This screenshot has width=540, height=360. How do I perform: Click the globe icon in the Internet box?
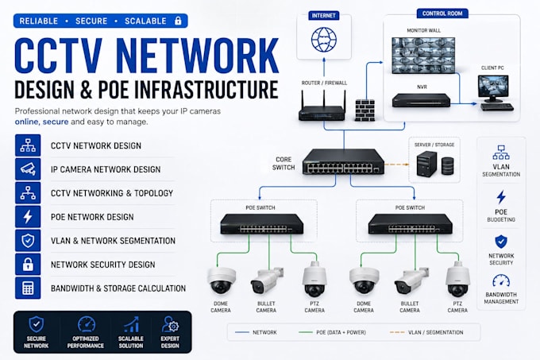pyautogui.click(x=324, y=40)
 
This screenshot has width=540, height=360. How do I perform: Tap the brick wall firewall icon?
pyautogui.click(x=364, y=110)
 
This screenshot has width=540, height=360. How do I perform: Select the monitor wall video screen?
pyautogui.click(x=423, y=55)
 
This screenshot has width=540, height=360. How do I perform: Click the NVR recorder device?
pyautogui.click(x=421, y=100)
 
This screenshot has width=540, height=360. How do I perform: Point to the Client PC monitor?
pyautogui.click(x=493, y=88)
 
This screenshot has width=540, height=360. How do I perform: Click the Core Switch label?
pyautogui.click(x=283, y=164)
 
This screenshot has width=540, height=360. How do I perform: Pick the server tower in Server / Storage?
pyautogui.click(x=426, y=164)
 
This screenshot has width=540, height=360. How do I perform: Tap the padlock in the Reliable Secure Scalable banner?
pyautogui.click(x=178, y=21)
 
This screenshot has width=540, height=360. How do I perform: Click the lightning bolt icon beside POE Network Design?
pyautogui.click(x=28, y=217)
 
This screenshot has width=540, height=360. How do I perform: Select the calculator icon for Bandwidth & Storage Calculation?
pyautogui.click(x=28, y=288)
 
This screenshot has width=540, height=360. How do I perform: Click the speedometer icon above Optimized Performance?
pyautogui.click(x=86, y=324)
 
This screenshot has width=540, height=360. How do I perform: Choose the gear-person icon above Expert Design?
pyautogui.click(x=170, y=324)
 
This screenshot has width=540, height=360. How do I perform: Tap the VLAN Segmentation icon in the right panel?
pyautogui.click(x=501, y=153)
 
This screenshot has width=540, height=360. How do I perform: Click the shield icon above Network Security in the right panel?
pyautogui.click(x=501, y=242)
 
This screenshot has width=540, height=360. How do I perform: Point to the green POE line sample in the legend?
pyautogui.click(x=306, y=332)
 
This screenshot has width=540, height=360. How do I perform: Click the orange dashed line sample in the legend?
pyautogui.click(x=397, y=332)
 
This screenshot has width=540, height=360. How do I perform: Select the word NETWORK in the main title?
pyautogui.click(x=197, y=56)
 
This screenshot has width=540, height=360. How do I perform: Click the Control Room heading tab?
pyautogui.click(x=442, y=14)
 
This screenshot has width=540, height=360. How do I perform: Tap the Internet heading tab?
pyautogui.click(x=323, y=16)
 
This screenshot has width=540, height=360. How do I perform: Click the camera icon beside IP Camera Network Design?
pyautogui.click(x=28, y=169)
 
